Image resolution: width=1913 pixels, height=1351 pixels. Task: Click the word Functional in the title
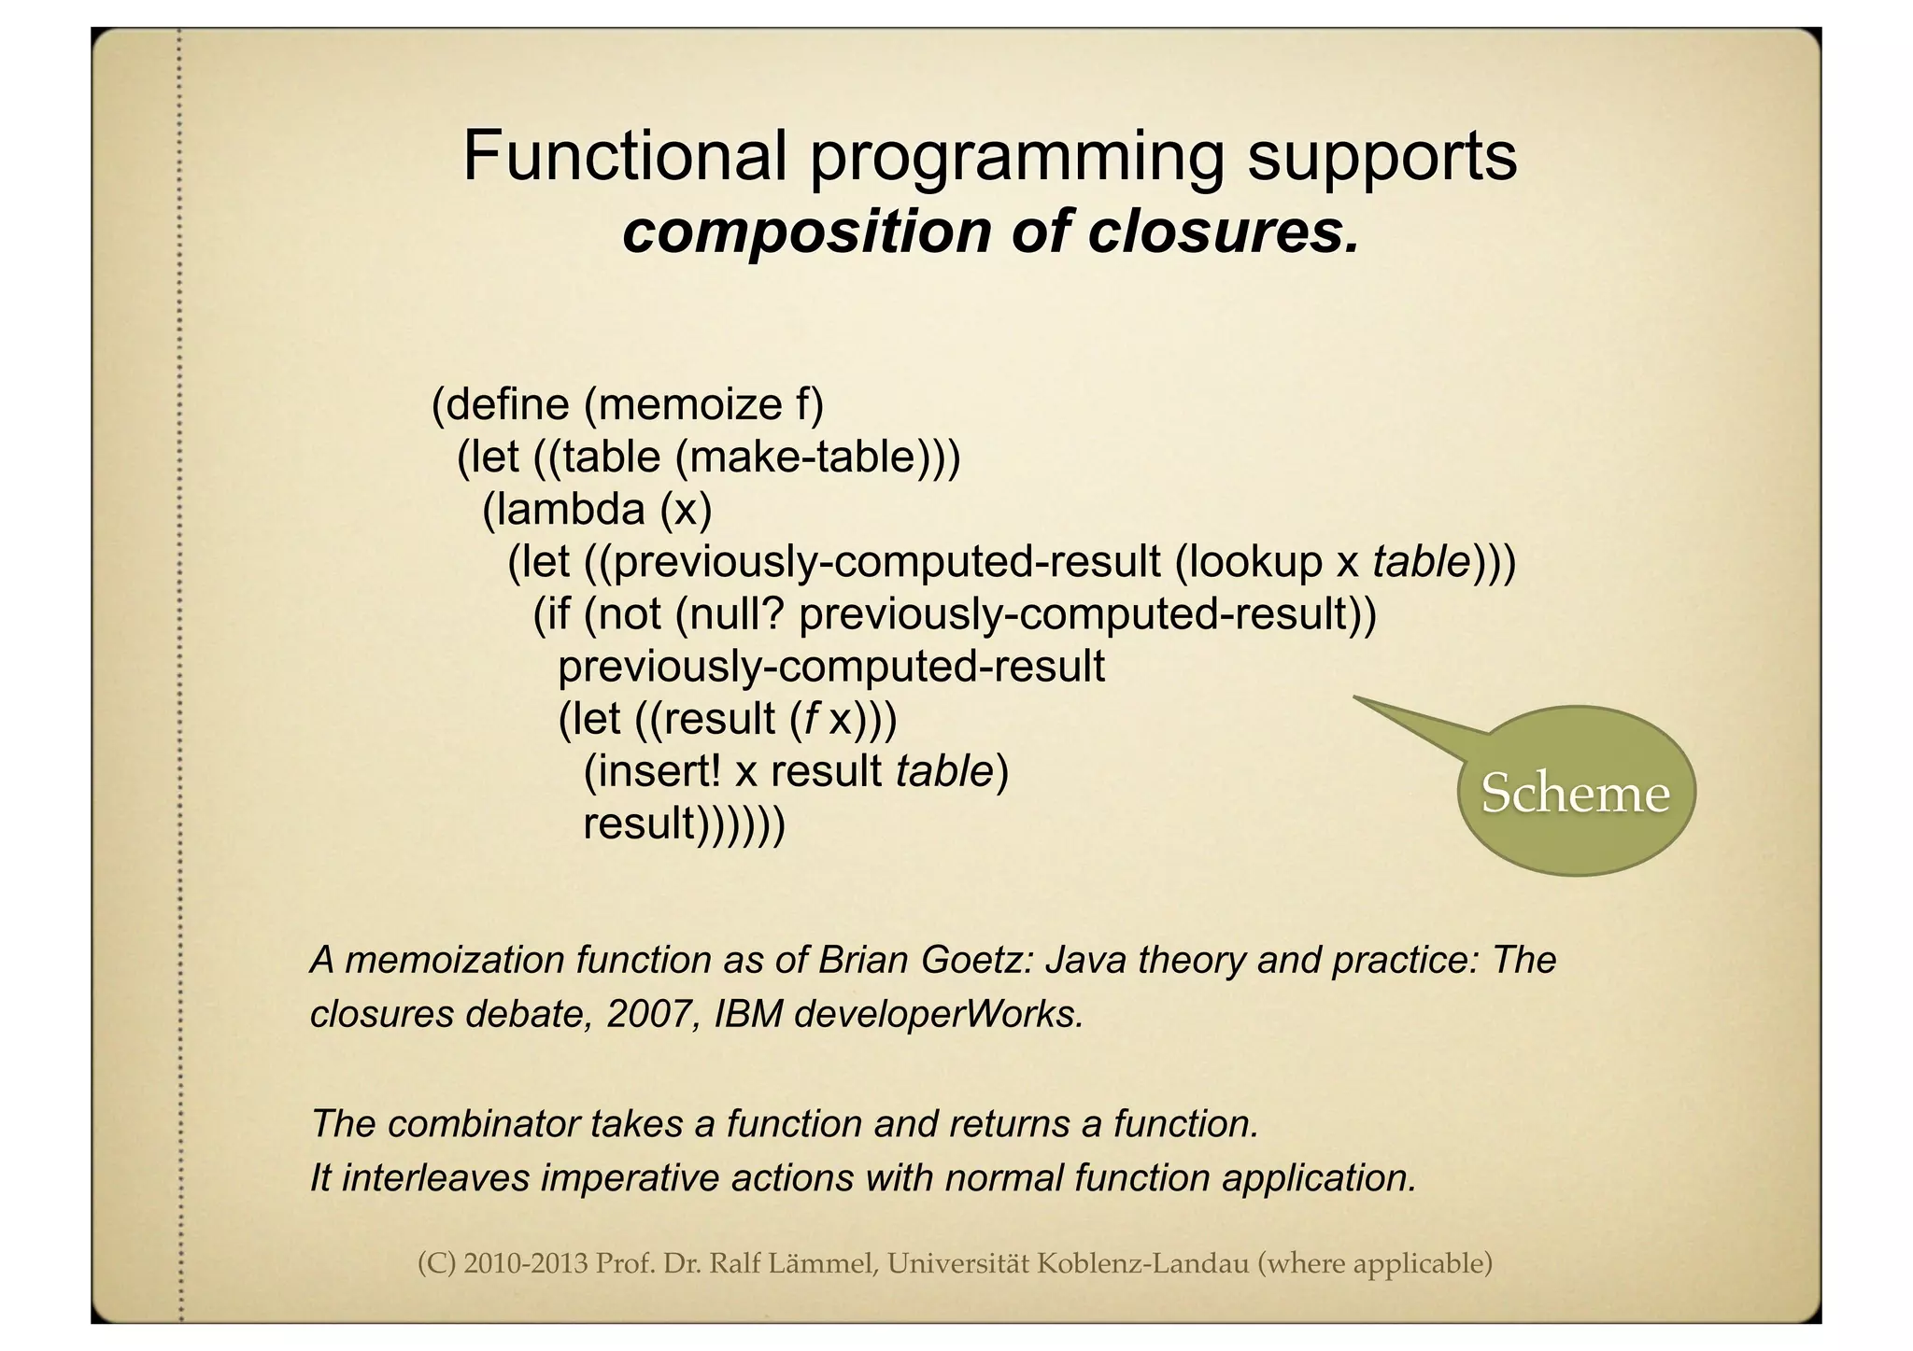click(x=625, y=157)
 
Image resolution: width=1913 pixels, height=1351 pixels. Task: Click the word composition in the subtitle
click(x=807, y=232)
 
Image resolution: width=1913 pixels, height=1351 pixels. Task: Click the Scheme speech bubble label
click(x=1575, y=794)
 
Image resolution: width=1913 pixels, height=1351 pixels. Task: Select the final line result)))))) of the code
click(x=684, y=824)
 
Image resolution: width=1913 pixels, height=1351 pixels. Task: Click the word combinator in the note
click(x=486, y=1123)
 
